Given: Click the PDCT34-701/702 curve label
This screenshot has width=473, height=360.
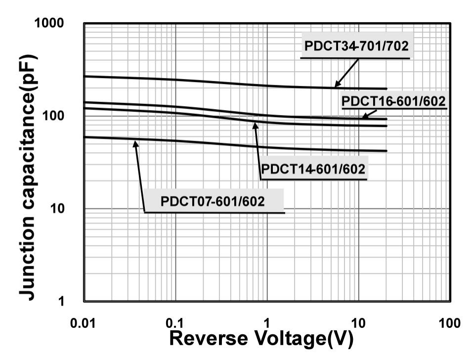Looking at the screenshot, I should click(x=356, y=47).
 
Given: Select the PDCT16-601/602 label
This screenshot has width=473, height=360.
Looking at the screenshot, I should click(x=394, y=101).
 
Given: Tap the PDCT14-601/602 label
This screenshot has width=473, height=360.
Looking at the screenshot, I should click(x=313, y=169).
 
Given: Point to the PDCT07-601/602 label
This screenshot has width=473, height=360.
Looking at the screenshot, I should click(x=213, y=201).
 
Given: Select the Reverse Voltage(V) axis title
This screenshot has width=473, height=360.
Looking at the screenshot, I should click(x=261, y=339).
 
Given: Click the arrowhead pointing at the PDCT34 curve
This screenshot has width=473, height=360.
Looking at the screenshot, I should click(x=336, y=86).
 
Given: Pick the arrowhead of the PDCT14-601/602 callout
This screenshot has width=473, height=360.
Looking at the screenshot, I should click(x=255, y=123).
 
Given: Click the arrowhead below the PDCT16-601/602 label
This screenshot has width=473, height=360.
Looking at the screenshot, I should click(x=364, y=117).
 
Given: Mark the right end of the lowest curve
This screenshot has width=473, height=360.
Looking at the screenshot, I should click(x=387, y=151).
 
